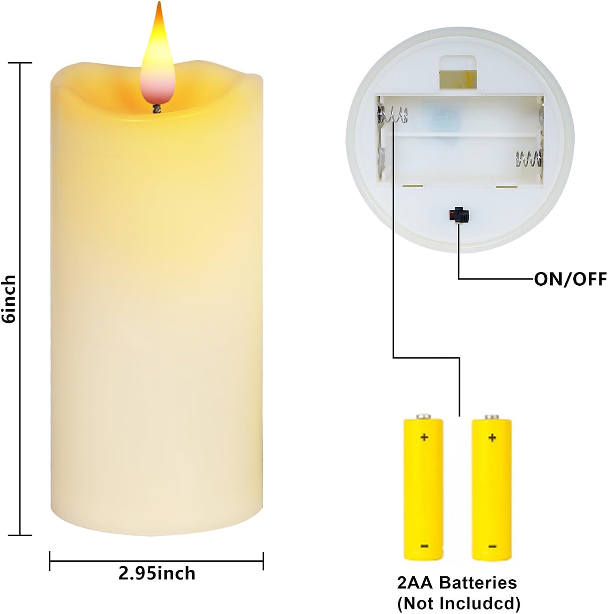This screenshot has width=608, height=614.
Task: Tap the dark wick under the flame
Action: (156, 108)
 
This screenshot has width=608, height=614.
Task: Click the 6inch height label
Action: (9, 299)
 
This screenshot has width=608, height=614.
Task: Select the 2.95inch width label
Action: (157, 573)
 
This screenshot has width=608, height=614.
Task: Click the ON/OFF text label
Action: (570, 279)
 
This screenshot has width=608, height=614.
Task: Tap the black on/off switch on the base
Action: (459, 215)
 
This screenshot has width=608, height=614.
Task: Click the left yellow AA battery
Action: (423, 487)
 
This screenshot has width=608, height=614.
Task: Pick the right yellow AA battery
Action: (492, 487)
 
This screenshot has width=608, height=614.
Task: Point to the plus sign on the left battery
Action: (424, 437)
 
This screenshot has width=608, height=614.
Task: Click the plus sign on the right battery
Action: (492, 438)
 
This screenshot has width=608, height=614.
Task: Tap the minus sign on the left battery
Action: (424, 546)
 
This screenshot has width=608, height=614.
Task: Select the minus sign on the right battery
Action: (493, 546)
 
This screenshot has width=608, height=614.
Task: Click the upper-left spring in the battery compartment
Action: (393, 115)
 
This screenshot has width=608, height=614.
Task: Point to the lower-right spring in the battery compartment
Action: (529, 158)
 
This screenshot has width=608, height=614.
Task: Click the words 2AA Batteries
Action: (457, 582)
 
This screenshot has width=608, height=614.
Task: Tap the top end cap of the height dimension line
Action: (20, 63)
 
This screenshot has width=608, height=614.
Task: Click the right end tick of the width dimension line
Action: (263, 561)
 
